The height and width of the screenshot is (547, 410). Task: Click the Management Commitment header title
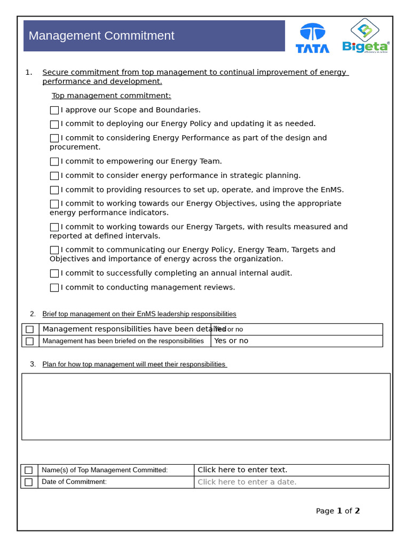101,36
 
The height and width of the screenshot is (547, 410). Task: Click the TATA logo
312,38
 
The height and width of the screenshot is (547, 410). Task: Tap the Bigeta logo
366,37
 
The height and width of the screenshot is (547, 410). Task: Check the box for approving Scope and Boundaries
54,110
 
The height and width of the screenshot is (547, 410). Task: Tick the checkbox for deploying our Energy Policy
54,124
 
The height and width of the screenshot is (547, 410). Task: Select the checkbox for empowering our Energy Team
54,161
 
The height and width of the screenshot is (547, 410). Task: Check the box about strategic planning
54,176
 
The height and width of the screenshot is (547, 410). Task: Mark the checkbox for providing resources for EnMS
54,190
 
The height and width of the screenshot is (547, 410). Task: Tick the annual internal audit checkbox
54,273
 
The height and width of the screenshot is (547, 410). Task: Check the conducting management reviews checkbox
54,287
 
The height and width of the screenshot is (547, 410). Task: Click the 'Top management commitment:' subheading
111,96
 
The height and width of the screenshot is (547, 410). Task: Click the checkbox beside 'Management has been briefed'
30,341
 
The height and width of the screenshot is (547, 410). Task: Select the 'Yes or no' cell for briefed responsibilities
231,341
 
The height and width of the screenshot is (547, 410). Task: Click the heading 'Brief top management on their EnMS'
139,314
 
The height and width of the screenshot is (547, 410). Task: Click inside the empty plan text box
206,407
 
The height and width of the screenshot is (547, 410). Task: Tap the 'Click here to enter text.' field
242,470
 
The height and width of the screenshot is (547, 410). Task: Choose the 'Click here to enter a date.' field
247,482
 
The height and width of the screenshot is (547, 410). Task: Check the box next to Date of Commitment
29,482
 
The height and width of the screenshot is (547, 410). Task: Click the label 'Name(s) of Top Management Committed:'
105,470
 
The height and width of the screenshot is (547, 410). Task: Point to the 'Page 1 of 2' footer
337,511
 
